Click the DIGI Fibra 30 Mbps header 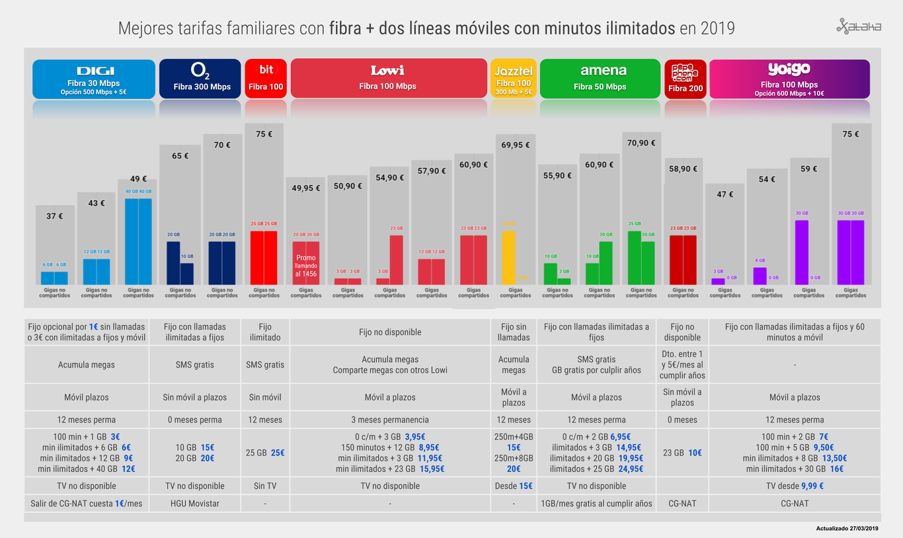coord(94,79)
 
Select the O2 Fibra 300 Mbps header coord(200,79)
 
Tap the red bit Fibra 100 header coord(266,79)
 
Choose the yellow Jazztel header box coord(514,79)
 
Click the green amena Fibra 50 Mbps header coord(600,79)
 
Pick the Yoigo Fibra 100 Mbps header coord(789,79)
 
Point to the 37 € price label coord(55,216)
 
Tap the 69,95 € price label coord(516,145)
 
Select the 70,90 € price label coord(641,143)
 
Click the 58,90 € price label coord(683,169)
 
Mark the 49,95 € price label coord(306,188)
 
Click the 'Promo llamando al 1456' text coord(306,266)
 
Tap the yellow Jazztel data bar coord(508,257)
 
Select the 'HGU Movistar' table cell coord(194,504)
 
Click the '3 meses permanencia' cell coord(390,420)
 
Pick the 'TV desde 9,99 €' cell coord(795,486)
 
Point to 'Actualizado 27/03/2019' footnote coord(847,528)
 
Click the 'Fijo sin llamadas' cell coord(514,332)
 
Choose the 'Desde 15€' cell coord(514,486)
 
